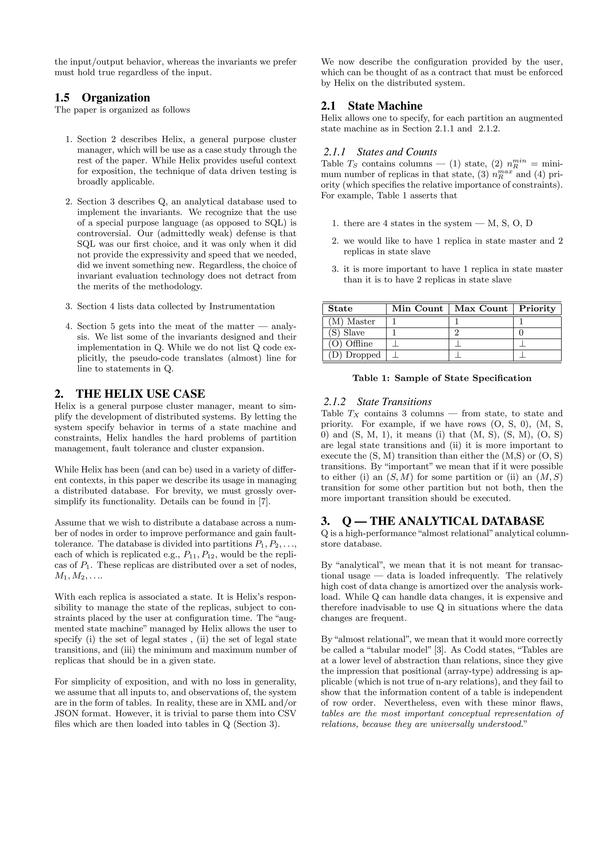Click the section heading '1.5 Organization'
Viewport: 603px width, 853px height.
(102, 98)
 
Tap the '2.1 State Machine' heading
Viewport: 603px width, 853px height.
(371, 106)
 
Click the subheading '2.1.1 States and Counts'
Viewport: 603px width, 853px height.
(380, 152)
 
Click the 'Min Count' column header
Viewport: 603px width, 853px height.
(417, 309)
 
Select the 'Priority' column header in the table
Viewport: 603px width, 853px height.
(537, 309)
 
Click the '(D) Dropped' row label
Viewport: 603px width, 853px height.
(354, 355)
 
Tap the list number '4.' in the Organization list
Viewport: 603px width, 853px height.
(68, 327)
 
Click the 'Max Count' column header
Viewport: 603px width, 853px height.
(481, 309)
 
